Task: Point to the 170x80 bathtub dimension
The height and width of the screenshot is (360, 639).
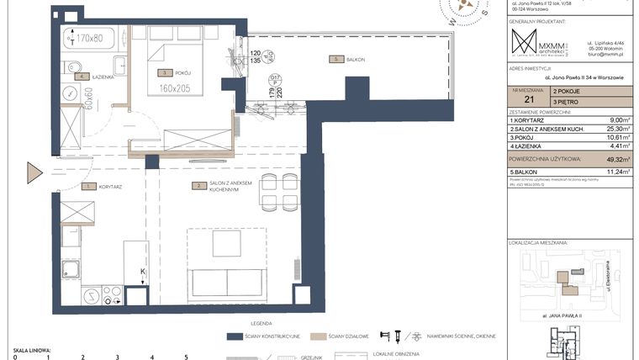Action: [90, 38]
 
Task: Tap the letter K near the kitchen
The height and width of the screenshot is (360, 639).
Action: [143, 270]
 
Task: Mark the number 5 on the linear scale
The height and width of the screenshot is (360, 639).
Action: [185, 357]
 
